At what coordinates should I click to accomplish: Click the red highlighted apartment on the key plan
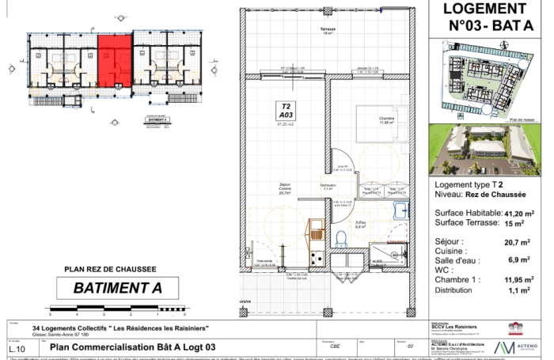(113, 61)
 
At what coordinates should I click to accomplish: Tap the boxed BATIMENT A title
(118, 288)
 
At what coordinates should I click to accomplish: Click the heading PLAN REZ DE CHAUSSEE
(116, 269)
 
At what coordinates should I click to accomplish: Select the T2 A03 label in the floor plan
(285, 113)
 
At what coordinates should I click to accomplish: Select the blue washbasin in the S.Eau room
(402, 209)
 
